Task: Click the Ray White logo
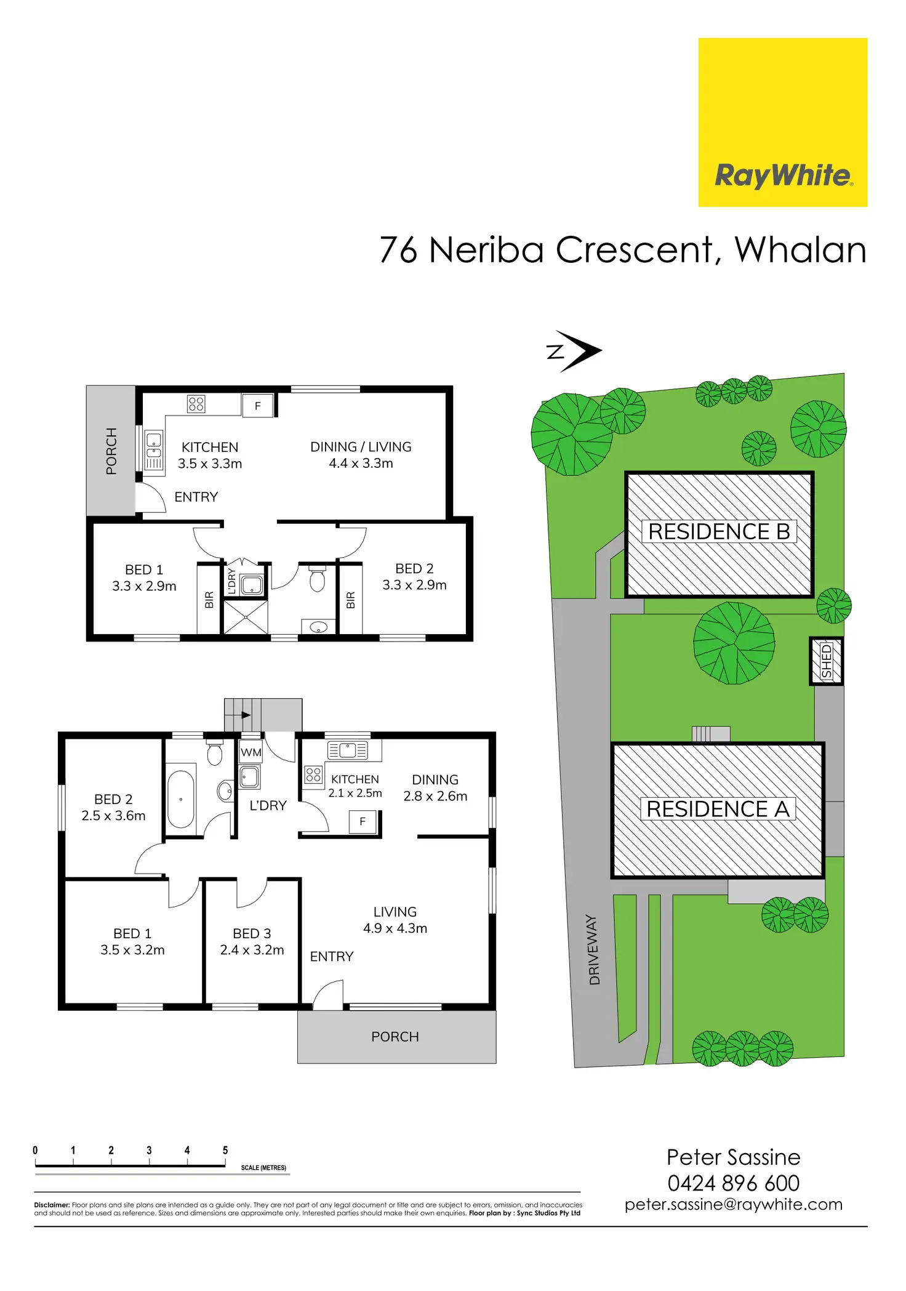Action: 782,176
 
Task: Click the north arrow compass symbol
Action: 575,352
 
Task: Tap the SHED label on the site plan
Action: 827,661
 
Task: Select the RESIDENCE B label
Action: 719,532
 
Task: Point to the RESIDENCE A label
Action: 718,809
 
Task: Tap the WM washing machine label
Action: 251,752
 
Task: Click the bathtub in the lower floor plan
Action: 181,799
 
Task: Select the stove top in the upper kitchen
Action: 196,404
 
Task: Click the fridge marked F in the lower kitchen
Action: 363,821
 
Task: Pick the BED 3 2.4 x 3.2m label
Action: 252,941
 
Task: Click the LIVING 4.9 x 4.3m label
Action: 395,920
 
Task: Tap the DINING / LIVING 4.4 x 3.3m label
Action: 361,455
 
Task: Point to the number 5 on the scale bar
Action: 225,1150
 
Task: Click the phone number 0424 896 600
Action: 733,1183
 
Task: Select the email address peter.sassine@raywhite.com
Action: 733,1204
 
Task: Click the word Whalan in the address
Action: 800,250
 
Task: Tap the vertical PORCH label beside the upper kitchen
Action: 111,451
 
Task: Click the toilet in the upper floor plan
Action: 317,579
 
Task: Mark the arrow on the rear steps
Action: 246,715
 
